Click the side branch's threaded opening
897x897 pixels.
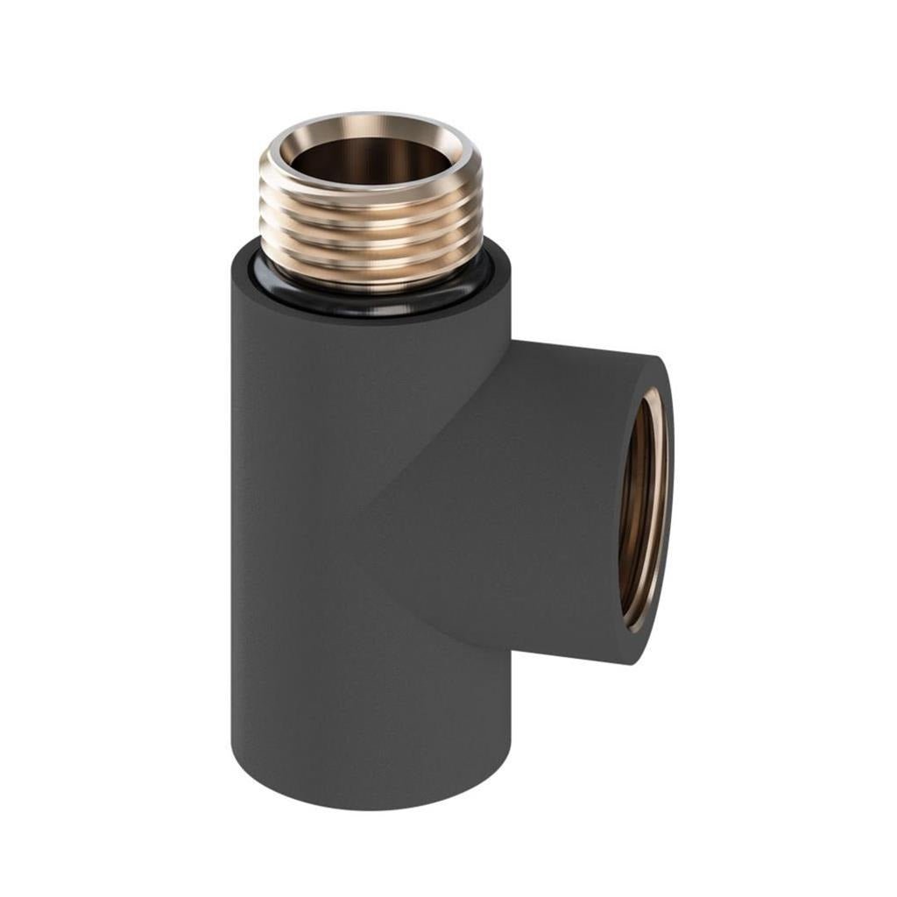tap(642, 508)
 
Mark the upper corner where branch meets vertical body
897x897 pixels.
tap(510, 344)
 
